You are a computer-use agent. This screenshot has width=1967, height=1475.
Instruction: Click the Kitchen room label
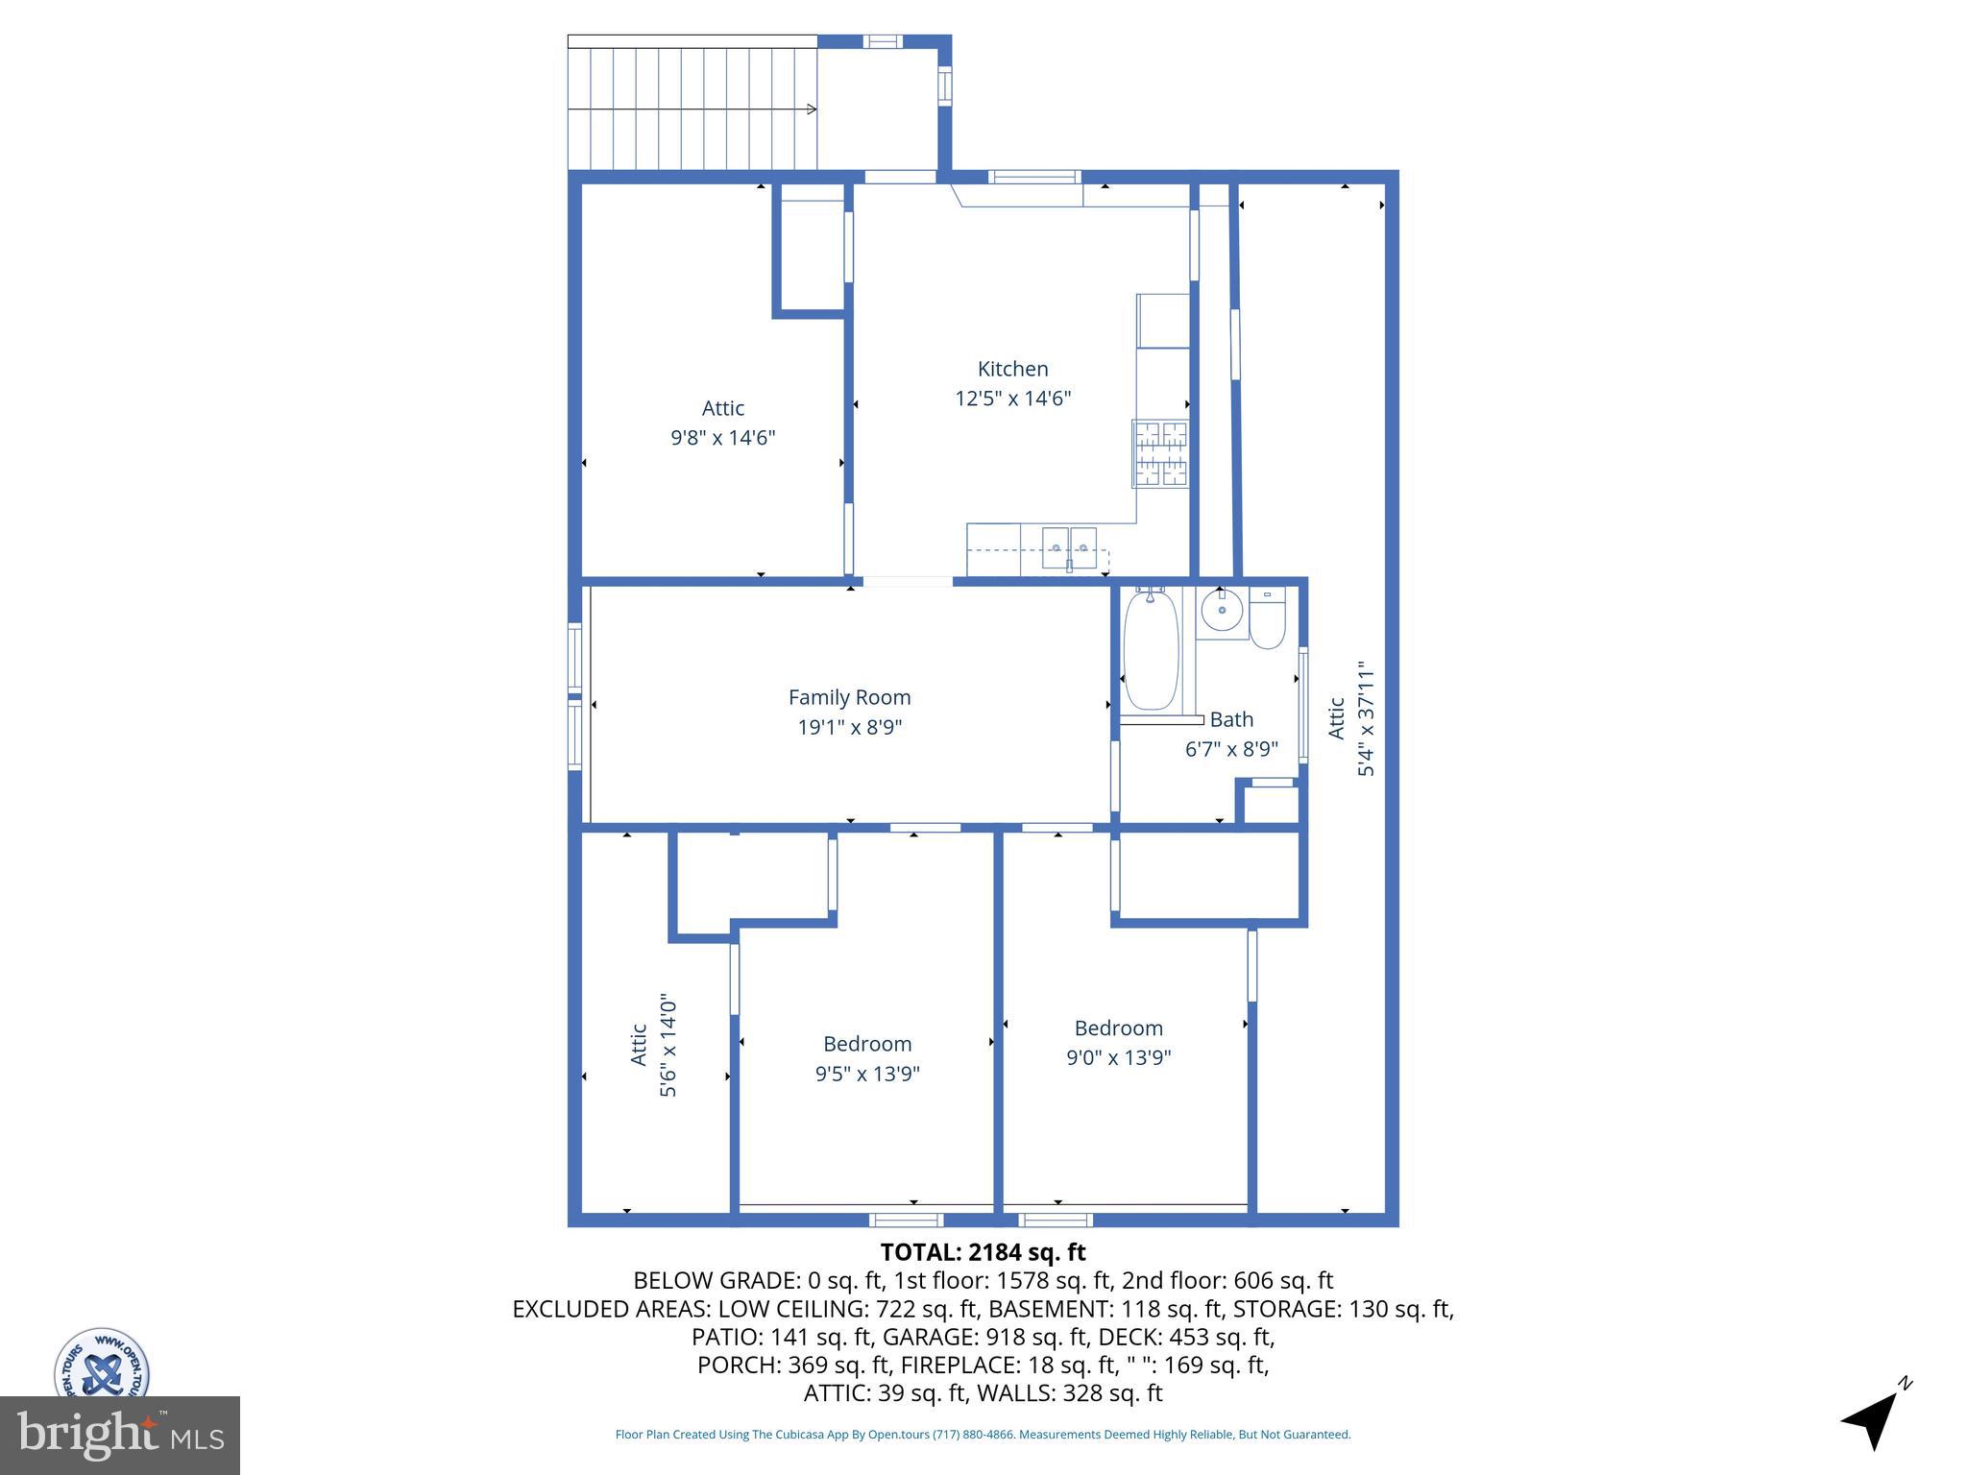coord(1012,369)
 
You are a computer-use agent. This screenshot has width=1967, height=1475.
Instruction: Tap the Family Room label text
coord(849,697)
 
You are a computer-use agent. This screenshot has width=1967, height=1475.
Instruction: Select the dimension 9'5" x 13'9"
coord(867,1074)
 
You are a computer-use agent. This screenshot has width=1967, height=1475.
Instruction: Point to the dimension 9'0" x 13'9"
coord(1118,1057)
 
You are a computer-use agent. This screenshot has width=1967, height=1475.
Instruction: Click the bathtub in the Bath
coord(1151,651)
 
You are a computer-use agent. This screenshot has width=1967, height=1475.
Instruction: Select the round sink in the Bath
coord(1222,611)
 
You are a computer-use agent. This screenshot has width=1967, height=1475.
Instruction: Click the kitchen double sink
coord(1069,547)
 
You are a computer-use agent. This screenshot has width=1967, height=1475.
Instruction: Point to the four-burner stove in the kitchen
coord(1161,453)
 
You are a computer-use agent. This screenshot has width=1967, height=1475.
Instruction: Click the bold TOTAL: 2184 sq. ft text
coord(983,1252)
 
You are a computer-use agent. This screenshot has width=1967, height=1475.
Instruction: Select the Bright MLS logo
coord(120,1436)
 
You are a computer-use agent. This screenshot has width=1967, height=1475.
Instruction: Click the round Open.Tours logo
coord(101,1364)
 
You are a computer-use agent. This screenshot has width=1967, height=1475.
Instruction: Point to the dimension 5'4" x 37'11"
coord(1366,718)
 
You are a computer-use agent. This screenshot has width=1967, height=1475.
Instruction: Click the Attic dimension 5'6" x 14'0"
coord(668,1047)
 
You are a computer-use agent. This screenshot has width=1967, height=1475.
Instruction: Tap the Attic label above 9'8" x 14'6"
coord(722,408)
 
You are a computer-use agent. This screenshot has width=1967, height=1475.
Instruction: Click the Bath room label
coord(1230,719)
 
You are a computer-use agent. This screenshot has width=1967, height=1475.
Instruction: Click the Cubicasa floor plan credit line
coord(983,1435)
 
